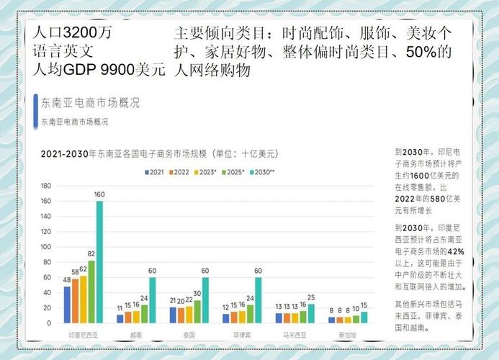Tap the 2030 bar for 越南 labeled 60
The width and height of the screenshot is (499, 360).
pos(152,300)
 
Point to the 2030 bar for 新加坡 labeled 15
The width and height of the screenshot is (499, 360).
pos(364,317)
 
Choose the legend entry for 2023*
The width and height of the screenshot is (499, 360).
pos(209,172)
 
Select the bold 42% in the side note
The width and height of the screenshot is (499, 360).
pos(456,251)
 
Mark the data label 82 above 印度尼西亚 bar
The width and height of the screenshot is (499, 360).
pos(91,253)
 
